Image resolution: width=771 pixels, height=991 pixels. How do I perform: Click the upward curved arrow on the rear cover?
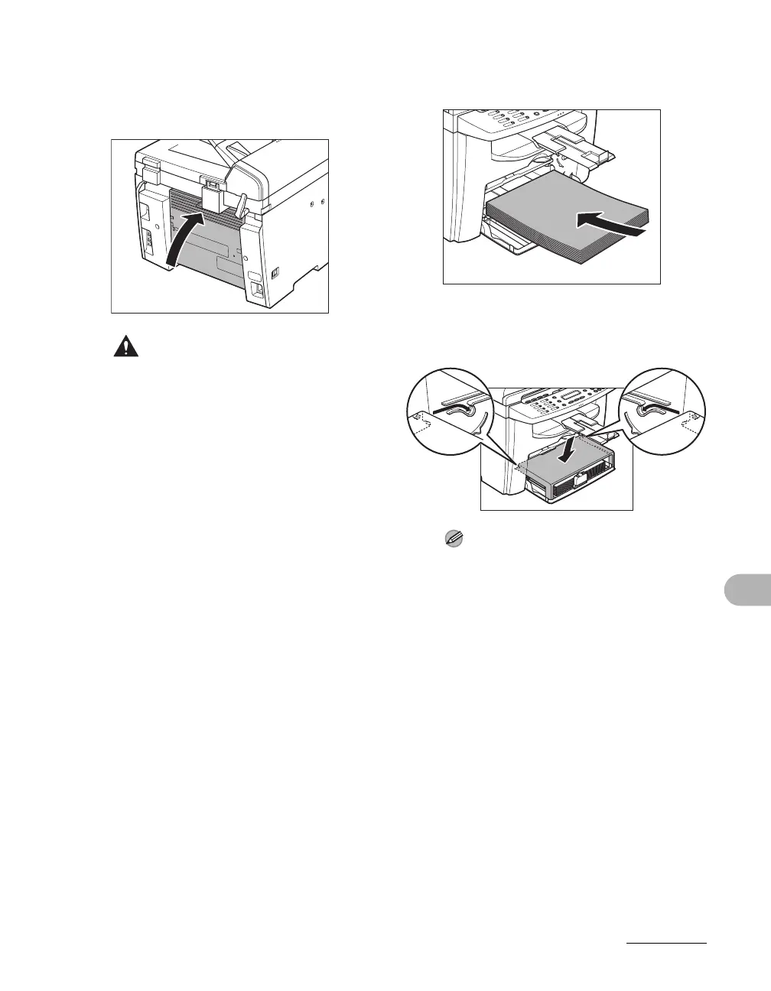[x=184, y=239]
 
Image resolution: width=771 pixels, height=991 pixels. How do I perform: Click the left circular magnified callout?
[x=447, y=411]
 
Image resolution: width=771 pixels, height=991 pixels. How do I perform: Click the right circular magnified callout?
[x=663, y=411]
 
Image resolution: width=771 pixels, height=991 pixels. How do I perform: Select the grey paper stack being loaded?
[x=551, y=210]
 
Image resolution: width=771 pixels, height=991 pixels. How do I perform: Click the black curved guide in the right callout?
[x=652, y=411]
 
